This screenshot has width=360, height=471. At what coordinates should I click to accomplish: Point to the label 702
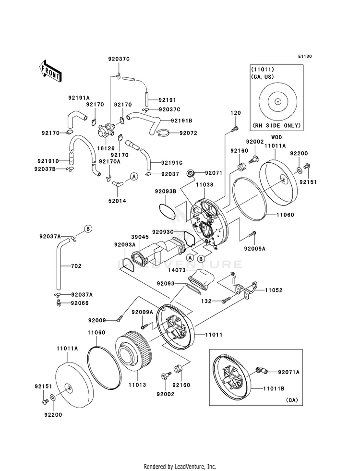(76, 266)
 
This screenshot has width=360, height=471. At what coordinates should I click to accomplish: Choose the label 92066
(79, 303)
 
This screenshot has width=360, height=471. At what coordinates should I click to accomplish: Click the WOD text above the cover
(276, 137)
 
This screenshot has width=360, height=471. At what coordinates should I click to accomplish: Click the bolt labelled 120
(235, 129)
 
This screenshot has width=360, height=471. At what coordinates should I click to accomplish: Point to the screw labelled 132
(224, 301)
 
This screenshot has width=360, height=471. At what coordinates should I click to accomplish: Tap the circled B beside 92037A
(88, 229)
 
